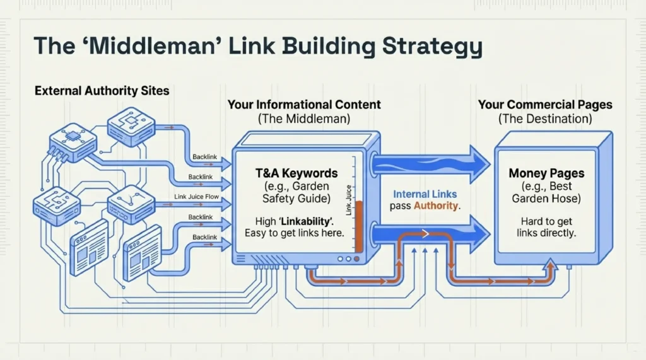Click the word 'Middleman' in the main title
point(146,47)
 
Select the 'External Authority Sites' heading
point(102,91)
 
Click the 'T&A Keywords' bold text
point(296,173)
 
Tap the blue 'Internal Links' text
point(426,195)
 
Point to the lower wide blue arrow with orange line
point(435,235)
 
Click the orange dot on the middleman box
point(358,258)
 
